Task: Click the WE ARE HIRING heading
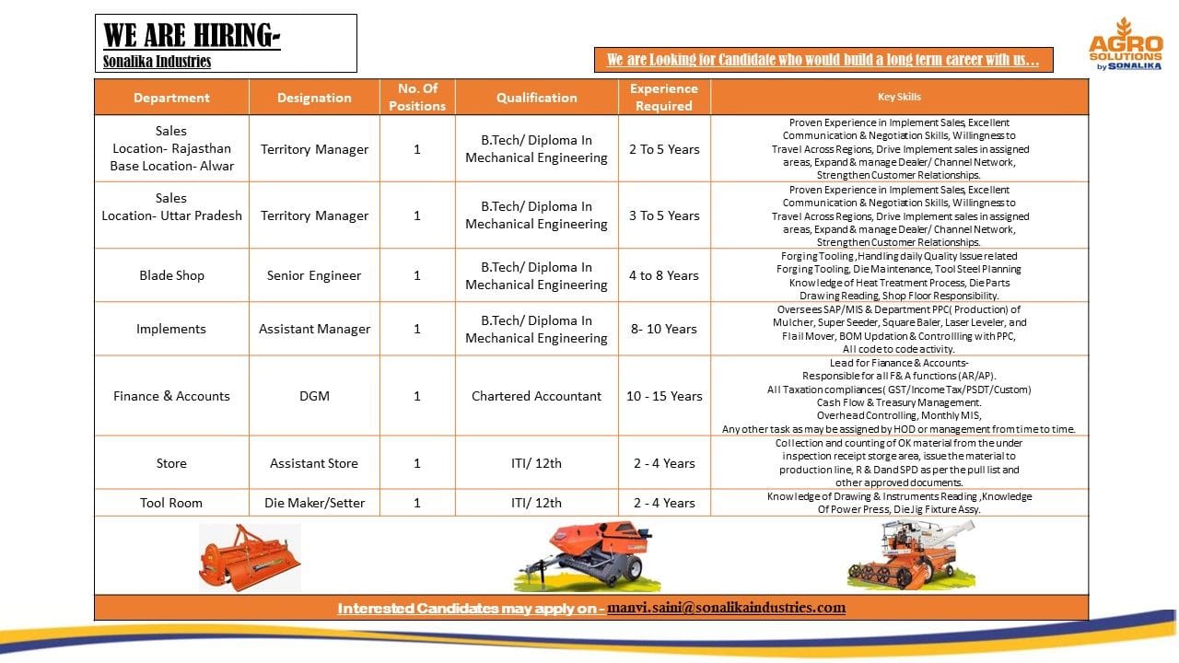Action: click(x=192, y=35)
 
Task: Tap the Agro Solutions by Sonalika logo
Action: click(x=1126, y=44)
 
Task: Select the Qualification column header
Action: click(x=536, y=97)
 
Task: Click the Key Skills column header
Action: click(x=899, y=97)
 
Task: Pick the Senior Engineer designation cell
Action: click(x=314, y=275)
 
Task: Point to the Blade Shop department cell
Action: click(x=171, y=275)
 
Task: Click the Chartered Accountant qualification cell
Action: click(x=536, y=396)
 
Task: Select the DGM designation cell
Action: click(x=314, y=396)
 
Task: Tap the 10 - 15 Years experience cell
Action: click(x=664, y=396)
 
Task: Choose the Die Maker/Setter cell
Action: click(x=314, y=503)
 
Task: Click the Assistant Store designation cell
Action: click(x=314, y=463)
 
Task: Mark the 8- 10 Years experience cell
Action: click(x=664, y=329)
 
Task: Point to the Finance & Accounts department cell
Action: click(x=171, y=396)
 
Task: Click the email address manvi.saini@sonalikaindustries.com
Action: click(x=726, y=608)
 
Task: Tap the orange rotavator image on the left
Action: click(x=250, y=556)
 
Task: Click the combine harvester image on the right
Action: click(x=897, y=554)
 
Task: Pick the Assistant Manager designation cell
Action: click(x=314, y=329)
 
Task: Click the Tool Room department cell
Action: click(x=171, y=503)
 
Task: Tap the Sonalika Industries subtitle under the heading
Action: click(x=158, y=62)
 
